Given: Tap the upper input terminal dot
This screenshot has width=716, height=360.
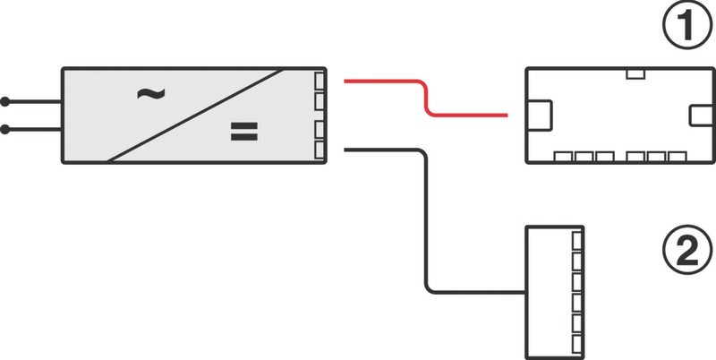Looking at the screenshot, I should coord(5,101).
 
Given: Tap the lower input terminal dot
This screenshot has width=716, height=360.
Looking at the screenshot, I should coord(5,130).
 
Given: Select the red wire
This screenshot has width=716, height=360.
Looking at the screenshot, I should coord(426,99).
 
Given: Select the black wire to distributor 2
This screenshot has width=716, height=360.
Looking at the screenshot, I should coord(421,224).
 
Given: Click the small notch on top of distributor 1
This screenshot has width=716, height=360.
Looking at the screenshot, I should coord(635,73).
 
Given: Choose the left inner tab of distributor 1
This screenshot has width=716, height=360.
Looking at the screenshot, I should coord(540,116).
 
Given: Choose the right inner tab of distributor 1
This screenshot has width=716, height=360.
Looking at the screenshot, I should coord(699,116).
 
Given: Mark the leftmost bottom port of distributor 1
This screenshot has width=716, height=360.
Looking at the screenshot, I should coord(564,157).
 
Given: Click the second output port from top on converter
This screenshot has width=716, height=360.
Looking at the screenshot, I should coord(322,104).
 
